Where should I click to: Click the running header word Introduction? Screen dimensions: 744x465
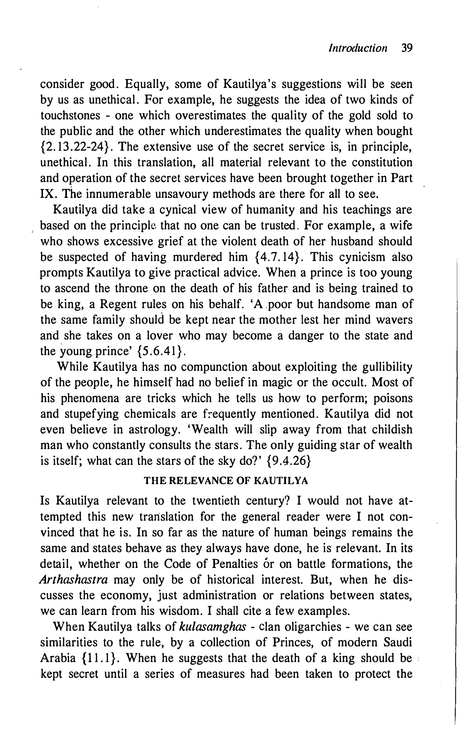[x=358, y=49]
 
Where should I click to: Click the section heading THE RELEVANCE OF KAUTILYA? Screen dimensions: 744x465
[x=226, y=481]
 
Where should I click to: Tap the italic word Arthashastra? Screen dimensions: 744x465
[x=74, y=580]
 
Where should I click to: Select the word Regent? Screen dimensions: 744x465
[x=118, y=304]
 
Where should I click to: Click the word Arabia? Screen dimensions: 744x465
[x=58, y=658]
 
